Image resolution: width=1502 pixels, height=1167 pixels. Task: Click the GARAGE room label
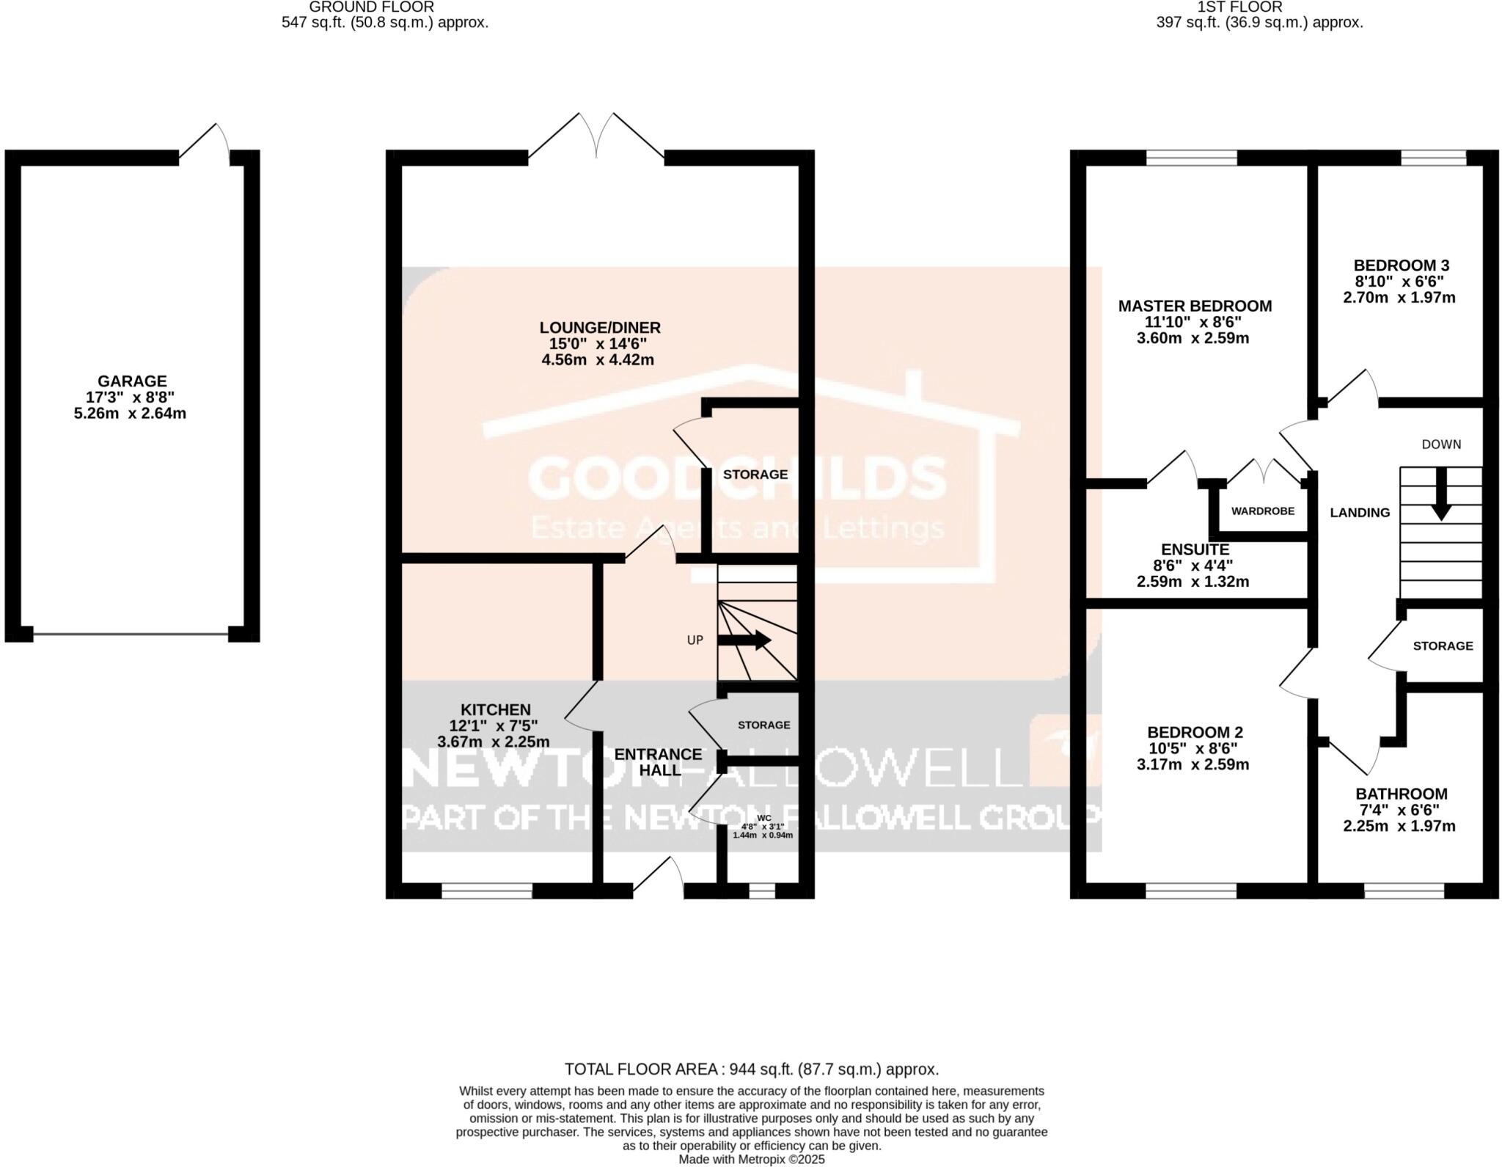(132, 381)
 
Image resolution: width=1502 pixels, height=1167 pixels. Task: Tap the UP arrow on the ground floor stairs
(744, 640)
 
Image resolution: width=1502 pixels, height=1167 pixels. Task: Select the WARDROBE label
(1262, 511)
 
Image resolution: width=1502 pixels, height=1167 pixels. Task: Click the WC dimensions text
(763, 830)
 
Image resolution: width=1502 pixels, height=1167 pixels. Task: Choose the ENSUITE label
(1195, 549)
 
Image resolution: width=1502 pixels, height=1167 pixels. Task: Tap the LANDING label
(1360, 513)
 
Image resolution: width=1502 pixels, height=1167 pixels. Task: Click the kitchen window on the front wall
(487, 890)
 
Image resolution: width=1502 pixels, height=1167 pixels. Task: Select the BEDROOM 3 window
(1434, 158)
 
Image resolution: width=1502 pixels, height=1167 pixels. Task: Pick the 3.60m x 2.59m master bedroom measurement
(1193, 338)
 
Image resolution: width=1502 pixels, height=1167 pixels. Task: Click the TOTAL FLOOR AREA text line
(751, 1069)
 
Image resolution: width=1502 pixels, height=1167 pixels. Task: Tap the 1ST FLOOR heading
(1259, 7)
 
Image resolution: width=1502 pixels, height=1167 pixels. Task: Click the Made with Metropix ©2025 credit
(751, 1160)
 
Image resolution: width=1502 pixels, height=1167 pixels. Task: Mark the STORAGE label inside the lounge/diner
(755, 475)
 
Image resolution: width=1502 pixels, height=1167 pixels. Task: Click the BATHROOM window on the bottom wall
(1404, 890)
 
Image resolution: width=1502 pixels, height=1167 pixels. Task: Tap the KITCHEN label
(495, 710)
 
